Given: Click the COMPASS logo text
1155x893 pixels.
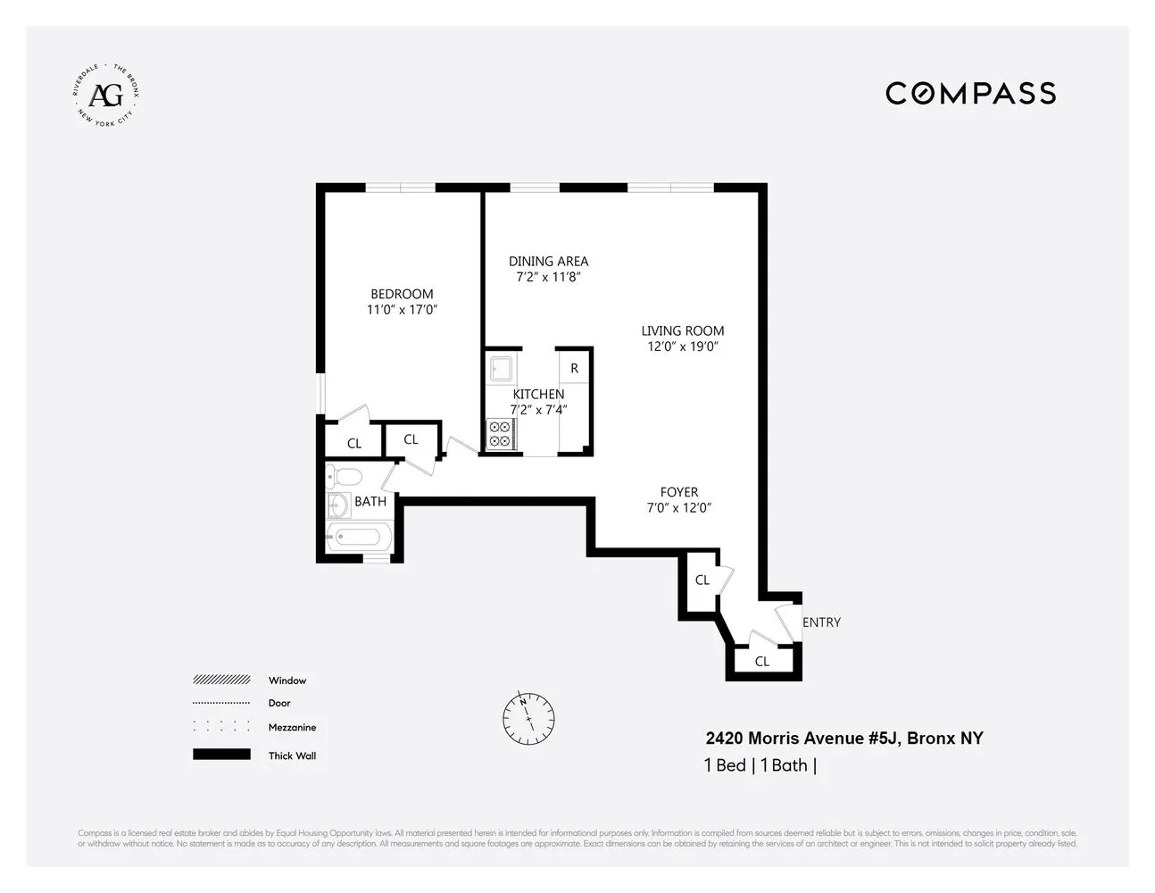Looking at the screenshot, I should point(970,93).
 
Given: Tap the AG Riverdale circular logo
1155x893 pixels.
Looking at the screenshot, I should point(106,94).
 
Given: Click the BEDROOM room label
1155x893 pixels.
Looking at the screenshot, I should point(402,294).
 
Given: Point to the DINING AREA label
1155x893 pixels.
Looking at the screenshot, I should point(548,261).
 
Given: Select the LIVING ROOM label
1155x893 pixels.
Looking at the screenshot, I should point(683,330).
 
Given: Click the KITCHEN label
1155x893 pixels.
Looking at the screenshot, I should point(538,394).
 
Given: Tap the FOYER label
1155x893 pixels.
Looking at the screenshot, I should point(679,492).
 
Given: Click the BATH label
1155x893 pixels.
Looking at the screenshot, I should point(370,502).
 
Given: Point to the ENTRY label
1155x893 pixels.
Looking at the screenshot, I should point(821,622).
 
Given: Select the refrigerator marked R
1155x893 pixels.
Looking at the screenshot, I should point(574,368).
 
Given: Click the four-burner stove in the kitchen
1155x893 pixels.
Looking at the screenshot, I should point(499,435).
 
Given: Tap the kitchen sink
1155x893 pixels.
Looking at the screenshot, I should point(500,368).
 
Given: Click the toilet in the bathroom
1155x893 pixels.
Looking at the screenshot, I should point(344,475).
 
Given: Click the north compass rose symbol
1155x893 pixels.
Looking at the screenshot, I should point(528,718).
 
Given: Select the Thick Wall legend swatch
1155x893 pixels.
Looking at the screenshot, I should point(221,755).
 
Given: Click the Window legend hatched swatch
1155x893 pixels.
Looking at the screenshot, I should point(221,680).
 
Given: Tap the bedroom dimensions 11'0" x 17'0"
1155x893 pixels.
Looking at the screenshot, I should point(402,310).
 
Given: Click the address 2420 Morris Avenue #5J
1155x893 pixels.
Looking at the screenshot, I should point(843,739).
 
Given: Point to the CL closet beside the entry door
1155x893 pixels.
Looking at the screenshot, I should point(762,662).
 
